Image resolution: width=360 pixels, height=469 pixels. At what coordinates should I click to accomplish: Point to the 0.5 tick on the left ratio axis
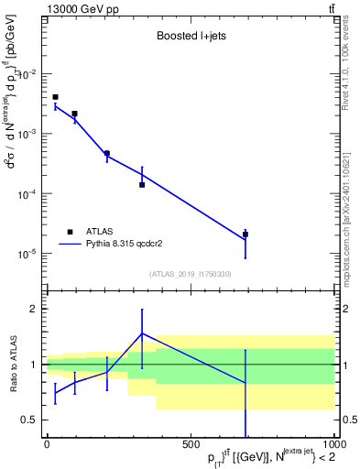point(31,420)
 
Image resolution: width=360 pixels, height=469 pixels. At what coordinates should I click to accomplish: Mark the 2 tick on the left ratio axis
point(35,309)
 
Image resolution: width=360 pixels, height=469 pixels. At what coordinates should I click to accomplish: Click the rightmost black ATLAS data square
point(245,234)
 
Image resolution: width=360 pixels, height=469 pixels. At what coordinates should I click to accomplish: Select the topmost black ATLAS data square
point(55,97)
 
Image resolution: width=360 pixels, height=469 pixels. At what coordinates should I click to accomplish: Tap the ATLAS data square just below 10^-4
point(142,185)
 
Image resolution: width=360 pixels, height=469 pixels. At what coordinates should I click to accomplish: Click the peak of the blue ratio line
point(142,333)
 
